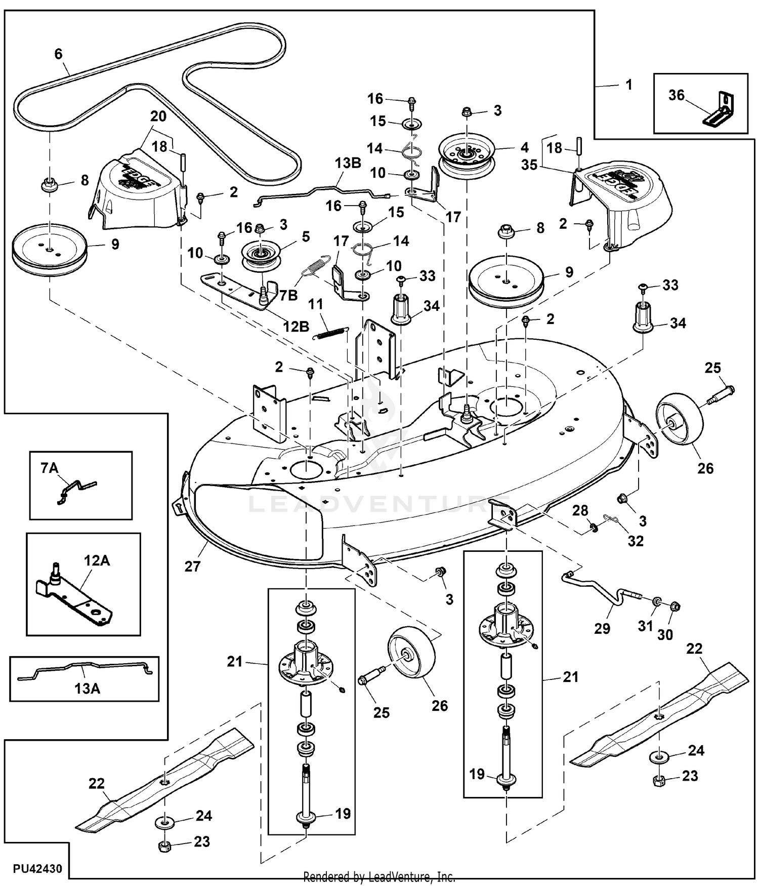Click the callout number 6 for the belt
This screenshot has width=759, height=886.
tap(58, 54)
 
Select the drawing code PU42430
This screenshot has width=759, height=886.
tap(38, 869)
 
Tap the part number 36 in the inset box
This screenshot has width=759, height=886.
tap(676, 95)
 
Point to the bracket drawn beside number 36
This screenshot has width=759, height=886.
tap(720, 109)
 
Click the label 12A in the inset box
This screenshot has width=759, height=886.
tap(97, 560)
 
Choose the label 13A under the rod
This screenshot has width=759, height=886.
tap(87, 689)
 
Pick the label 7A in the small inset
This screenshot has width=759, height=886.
tap(50, 468)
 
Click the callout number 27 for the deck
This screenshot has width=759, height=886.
tap(192, 566)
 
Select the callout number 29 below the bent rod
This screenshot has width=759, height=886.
tap(602, 628)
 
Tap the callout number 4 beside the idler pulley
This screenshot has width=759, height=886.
tap(524, 147)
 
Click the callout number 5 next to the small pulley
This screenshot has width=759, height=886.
tap(306, 236)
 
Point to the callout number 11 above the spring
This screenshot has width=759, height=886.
tap(315, 304)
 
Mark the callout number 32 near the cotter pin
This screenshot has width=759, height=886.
tap(636, 541)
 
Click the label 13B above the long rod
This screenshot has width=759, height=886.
tap(348, 163)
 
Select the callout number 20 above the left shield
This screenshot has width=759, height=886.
tap(158, 116)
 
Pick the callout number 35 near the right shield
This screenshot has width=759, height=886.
tap(529, 165)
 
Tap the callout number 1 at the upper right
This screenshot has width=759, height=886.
tap(629, 85)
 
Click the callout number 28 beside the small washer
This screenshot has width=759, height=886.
tap(580, 510)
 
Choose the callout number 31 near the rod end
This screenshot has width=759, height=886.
tap(645, 626)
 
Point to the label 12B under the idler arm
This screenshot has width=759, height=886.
tap(296, 327)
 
